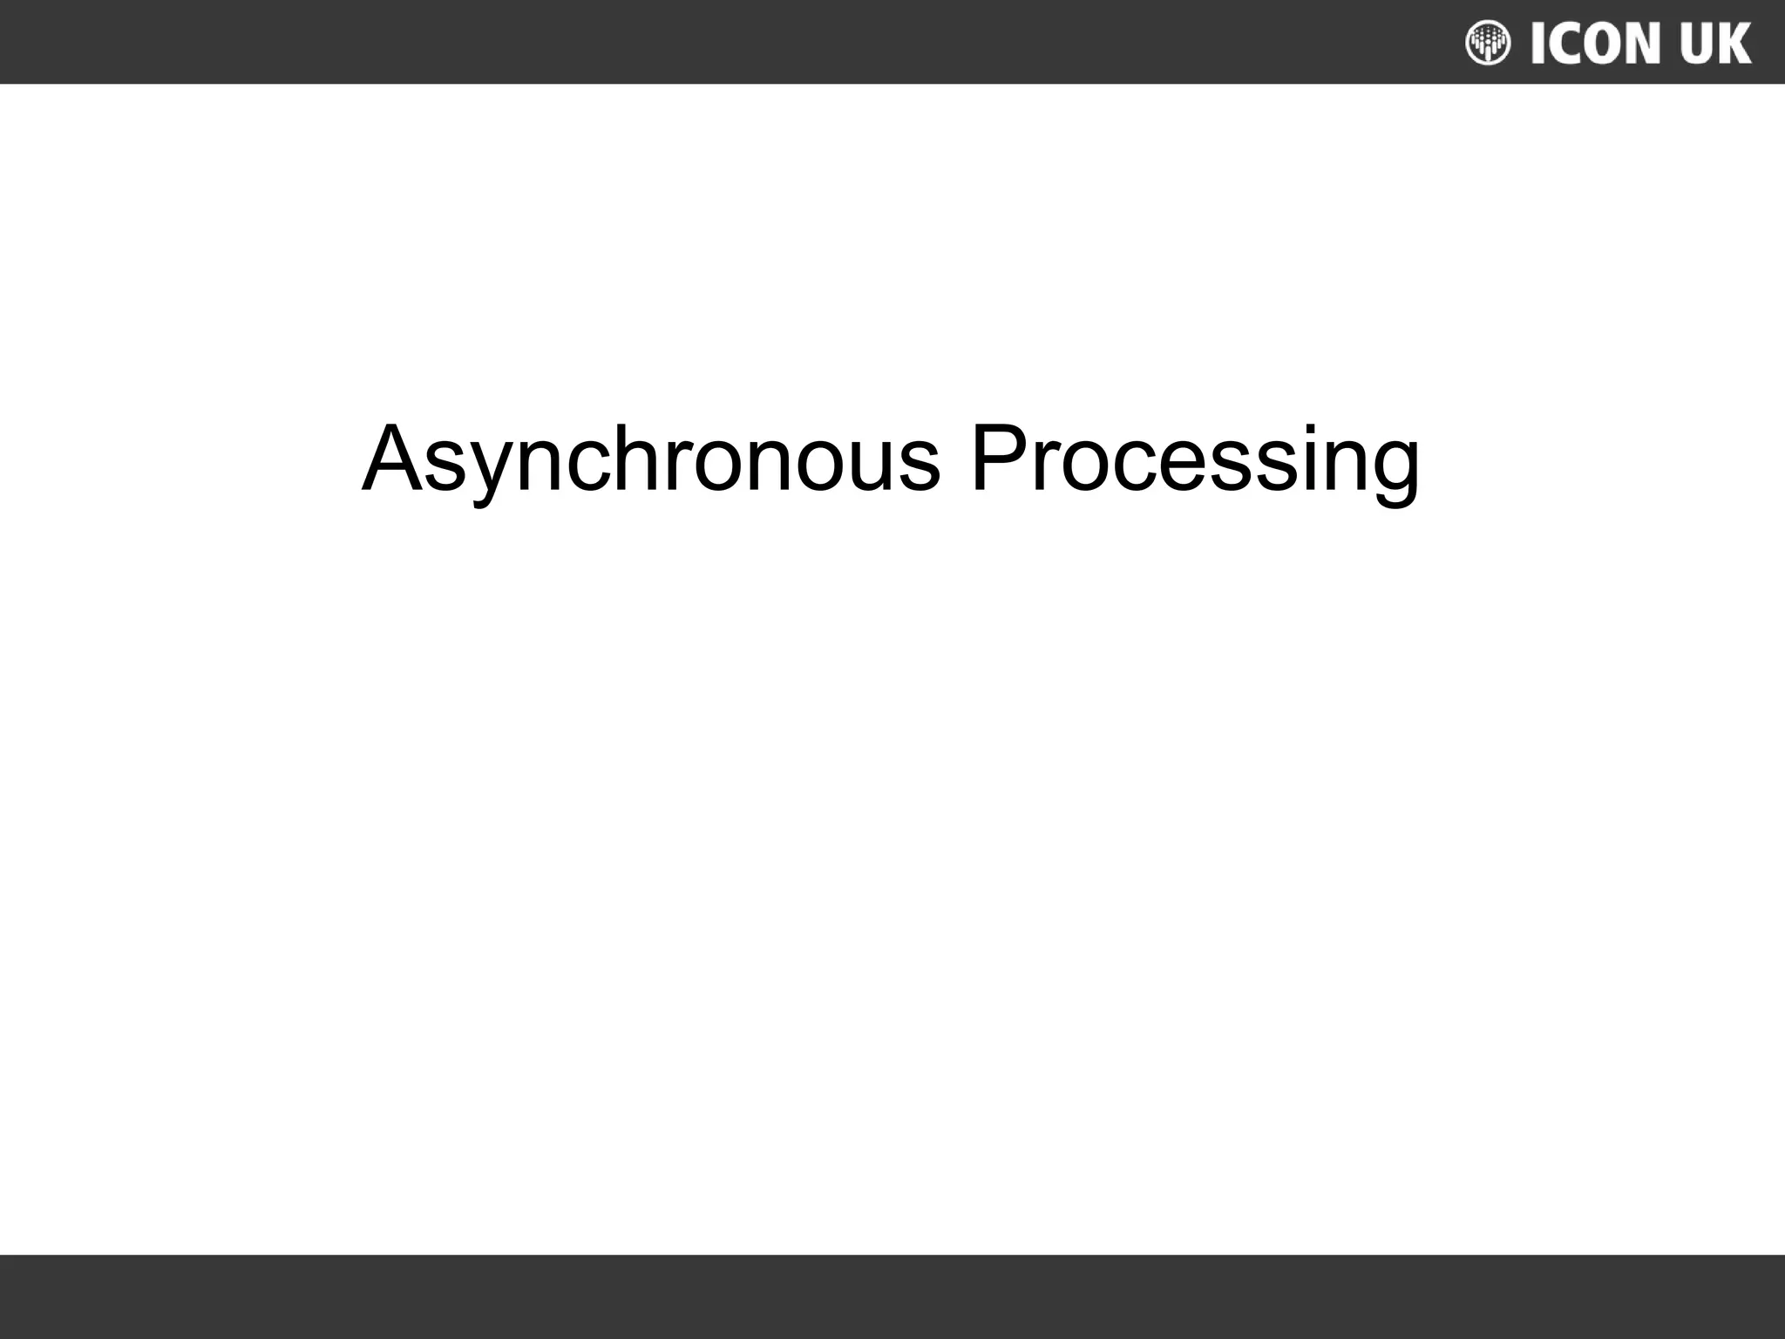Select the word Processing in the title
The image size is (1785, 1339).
(1194, 459)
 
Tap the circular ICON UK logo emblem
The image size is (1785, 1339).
(1488, 43)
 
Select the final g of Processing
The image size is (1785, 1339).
(1393, 471)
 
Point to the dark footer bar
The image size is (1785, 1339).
(892, 1296)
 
